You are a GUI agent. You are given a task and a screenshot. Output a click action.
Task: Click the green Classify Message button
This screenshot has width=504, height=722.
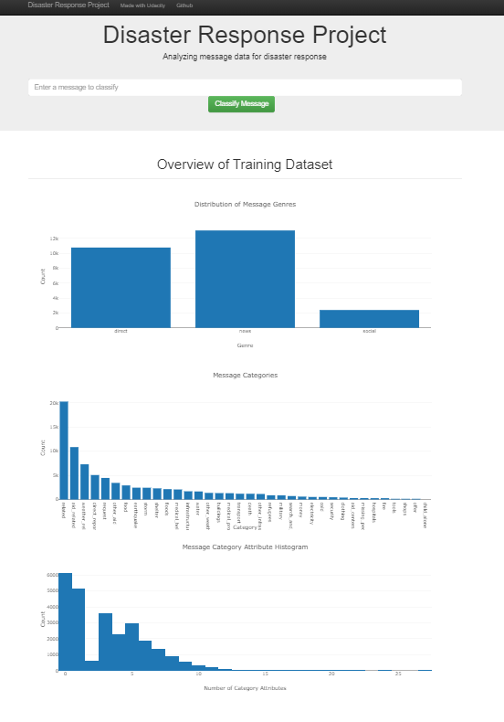point(241,104)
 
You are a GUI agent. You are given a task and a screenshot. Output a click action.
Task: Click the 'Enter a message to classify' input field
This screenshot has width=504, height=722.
point(245,88)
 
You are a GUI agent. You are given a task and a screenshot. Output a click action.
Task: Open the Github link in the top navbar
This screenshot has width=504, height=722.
point(184,5)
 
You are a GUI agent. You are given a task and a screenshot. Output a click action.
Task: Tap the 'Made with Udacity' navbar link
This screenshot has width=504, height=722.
point(142,5)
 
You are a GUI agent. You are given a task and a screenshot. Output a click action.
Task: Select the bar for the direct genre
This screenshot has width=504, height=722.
point(121,287)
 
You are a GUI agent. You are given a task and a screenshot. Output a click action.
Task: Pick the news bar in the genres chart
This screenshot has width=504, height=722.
point(245,279)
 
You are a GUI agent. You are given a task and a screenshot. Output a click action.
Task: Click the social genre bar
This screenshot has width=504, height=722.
point(369,318)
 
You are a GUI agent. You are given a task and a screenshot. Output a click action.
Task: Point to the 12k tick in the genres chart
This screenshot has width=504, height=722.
point(54,239)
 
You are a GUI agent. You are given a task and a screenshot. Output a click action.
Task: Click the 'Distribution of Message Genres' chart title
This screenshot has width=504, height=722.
point(245,204)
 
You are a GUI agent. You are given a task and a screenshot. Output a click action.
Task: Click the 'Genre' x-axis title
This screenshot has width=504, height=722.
point(245,345)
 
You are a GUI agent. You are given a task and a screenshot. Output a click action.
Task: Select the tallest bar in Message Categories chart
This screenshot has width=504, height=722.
point(64,450)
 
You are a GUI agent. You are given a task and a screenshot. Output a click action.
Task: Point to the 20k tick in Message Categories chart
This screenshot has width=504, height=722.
point(54,403)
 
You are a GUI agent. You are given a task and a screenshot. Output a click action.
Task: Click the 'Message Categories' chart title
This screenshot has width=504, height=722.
point(245,375)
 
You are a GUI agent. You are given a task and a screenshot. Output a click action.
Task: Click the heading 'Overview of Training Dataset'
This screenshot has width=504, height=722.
point(245,165)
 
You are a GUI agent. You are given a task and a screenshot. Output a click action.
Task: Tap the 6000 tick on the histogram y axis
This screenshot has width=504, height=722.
point(51,575)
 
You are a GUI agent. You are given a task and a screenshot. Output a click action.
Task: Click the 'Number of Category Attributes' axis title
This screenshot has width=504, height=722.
point(245,688)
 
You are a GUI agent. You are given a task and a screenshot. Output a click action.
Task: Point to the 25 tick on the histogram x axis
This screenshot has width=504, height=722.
point(398,674)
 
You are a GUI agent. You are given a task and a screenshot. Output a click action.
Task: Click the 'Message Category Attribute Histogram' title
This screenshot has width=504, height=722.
point(245,547)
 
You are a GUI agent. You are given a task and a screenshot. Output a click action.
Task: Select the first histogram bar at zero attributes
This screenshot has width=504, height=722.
point(65,621)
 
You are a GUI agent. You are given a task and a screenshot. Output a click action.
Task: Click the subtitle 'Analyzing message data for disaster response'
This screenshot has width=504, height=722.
point(245,57)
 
